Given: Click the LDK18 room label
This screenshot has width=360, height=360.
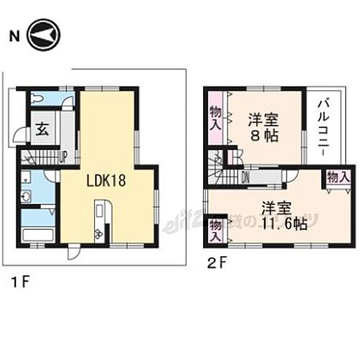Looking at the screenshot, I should (x=107, y=181).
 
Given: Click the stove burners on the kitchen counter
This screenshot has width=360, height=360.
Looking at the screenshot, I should (x=99, y=232).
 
